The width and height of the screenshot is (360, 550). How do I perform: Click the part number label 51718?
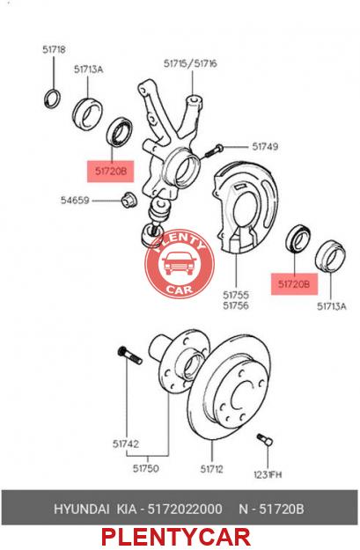point(54,49)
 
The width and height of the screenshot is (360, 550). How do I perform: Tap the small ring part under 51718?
point(53,99)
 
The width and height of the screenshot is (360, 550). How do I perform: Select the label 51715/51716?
point(190,63)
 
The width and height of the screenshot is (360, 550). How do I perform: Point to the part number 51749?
point(265,146)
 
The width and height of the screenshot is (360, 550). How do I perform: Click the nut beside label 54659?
point(129,200)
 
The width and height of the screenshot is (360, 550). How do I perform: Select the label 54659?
point(75,201)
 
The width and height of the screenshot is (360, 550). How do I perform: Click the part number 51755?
point(236,295)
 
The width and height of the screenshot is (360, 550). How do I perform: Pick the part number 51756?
point(236,305)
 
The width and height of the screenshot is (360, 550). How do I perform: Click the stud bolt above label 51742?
point(129,355)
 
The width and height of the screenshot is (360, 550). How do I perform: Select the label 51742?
point(126,444)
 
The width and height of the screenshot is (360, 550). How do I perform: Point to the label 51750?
point(145,468)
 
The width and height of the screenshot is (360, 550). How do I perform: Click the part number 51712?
point(211,469)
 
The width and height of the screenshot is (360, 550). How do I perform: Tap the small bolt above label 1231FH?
point(265,439)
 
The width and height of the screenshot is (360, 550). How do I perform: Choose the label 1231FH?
point(268,474)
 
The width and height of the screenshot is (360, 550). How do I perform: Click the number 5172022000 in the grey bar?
point(185,509)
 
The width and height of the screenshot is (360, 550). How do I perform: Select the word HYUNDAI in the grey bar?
point(81,509)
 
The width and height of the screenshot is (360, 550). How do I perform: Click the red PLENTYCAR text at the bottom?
point(176,538)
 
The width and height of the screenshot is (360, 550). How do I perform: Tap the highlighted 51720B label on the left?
point(111,172)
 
